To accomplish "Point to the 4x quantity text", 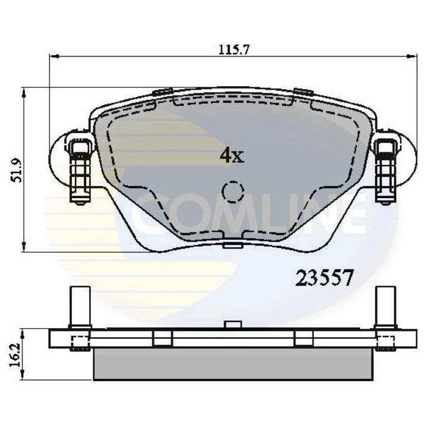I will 231,156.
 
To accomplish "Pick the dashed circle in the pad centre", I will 232,191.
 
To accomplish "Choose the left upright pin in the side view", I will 77,307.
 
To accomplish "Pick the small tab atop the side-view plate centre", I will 232,325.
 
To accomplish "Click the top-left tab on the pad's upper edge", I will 162,92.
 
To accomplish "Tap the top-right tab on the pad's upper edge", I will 304,92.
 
